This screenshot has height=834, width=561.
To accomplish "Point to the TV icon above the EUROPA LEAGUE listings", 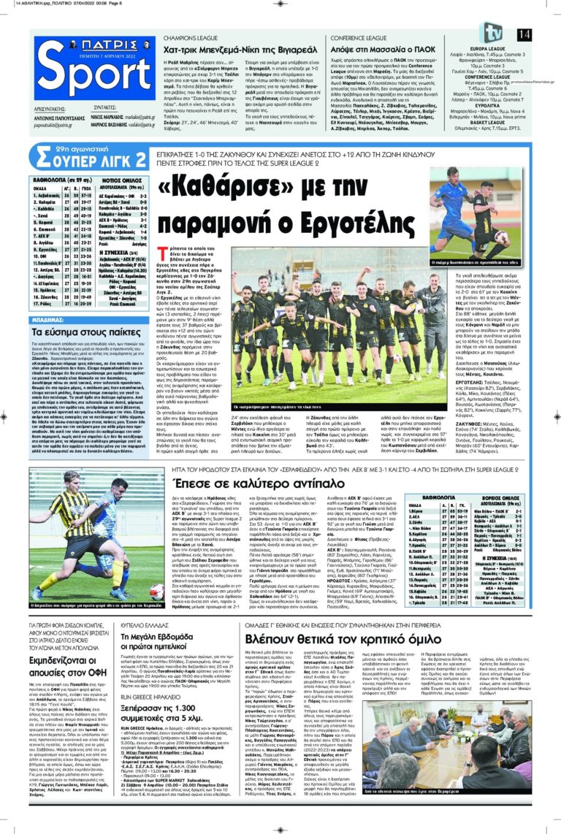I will pos(490,32).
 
